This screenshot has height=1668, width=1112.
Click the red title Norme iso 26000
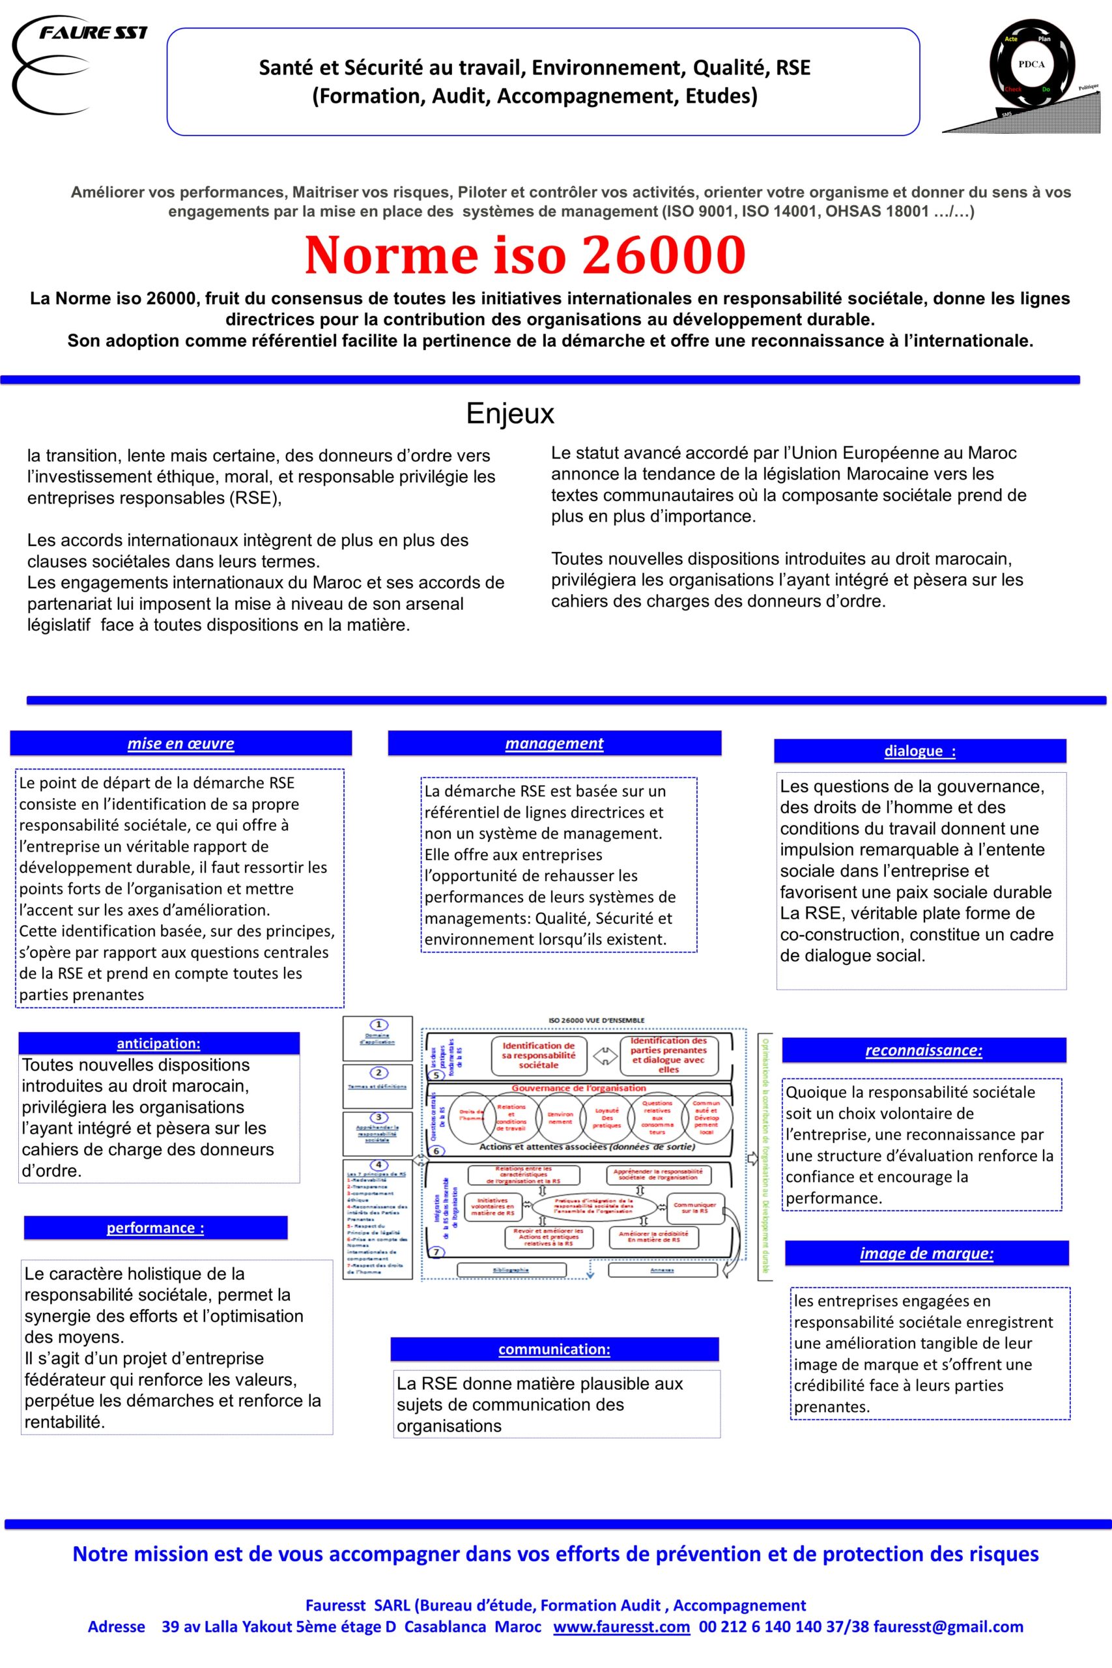(525, 255)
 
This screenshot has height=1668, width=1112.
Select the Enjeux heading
(510, 414)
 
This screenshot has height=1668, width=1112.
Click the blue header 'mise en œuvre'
(180, 743)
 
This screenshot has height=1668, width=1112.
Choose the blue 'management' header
(554, 743)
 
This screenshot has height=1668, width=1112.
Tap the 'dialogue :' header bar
(919, 751)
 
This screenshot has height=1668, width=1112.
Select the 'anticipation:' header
(158, 1043)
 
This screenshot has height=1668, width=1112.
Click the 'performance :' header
(155, 1228)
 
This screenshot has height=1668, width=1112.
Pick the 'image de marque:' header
(926, 1253)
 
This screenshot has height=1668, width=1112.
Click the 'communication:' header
(554, 1349)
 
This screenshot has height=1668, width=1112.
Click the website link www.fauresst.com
(621, 1626)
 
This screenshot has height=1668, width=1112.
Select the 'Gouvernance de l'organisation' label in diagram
(578, 1088)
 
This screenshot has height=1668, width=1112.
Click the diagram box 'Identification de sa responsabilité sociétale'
(538, 1056)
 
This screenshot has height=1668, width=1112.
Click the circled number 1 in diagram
(378, 1025)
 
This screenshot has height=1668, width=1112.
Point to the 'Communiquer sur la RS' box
(694, 1208)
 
